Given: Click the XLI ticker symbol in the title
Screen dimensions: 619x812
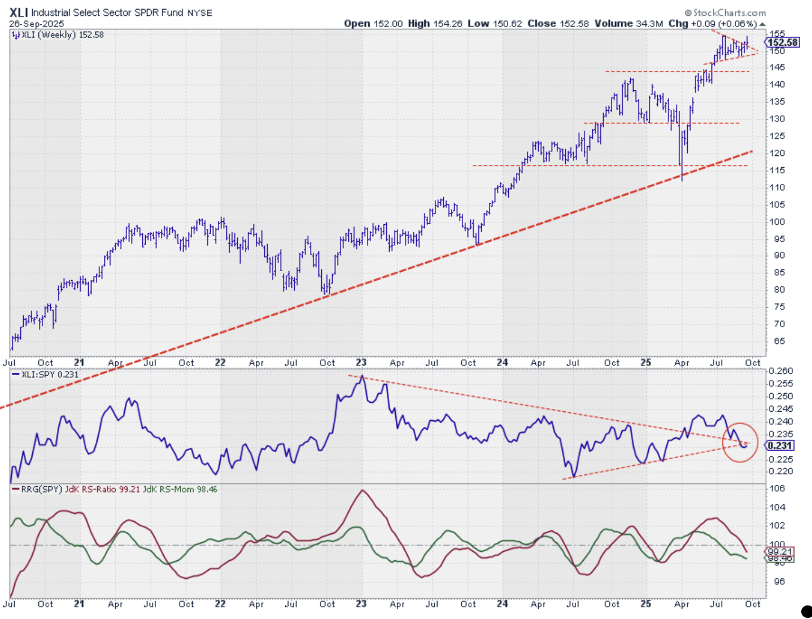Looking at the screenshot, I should click(18, 12).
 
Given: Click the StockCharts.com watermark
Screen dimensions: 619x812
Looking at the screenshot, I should click(725, 12).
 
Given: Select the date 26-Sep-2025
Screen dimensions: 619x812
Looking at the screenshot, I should click(36, 24).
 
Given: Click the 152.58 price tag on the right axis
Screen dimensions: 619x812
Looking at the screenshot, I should click(783, 42).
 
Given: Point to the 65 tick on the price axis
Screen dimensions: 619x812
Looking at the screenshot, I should click(779, 341).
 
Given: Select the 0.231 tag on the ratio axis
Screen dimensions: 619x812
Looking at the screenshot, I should click(780, 446).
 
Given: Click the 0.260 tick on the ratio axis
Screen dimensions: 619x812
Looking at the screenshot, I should click(781, 371).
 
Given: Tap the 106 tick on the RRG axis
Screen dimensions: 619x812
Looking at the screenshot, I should click(778, 489).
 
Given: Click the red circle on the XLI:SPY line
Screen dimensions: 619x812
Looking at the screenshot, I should click(740, 442).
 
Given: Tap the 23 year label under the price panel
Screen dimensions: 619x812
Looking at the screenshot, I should click(361, 363).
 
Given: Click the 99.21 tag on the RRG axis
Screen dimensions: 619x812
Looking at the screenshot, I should click(780, 552).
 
